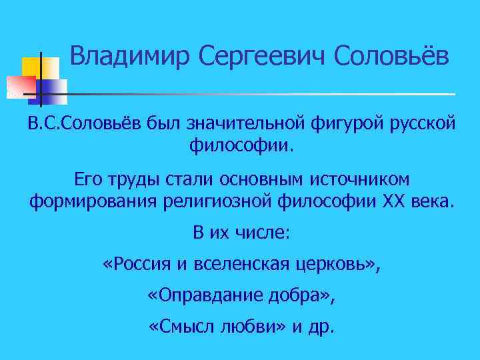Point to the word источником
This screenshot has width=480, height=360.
coord(360,180)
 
